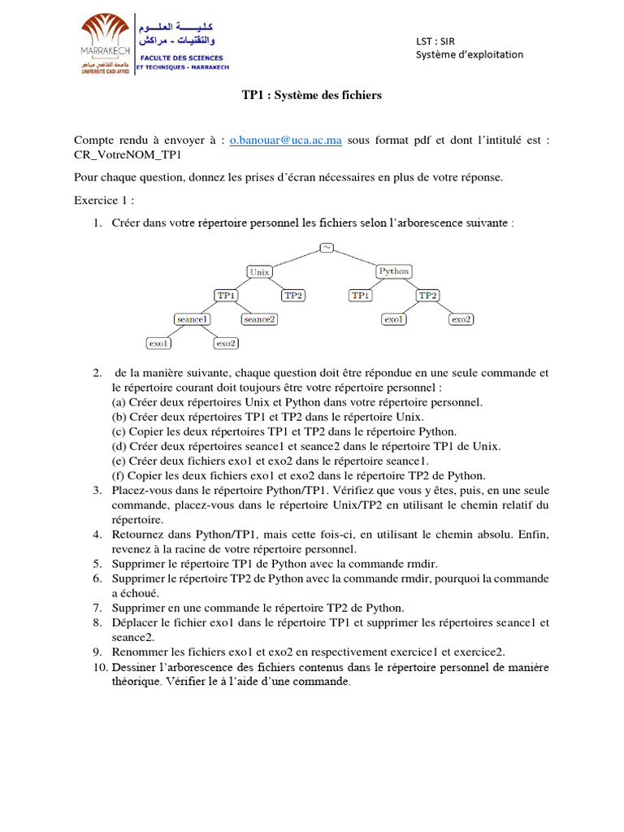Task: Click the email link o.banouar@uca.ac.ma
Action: [285, 141]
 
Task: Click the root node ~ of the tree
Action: [327, 248]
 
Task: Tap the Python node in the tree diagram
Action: [394, 271]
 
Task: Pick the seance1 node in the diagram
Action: [193, 319]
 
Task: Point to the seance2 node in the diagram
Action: [260, 319]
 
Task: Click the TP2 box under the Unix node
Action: [293, 296]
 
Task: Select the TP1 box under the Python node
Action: [360, 296]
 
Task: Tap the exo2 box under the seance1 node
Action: [226, 344]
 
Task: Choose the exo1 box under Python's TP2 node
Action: [394, 319]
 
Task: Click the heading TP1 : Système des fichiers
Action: [311, 96]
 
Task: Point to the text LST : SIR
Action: [435, 41]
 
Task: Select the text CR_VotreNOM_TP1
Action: [127, 154]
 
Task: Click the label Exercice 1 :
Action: [104, 200]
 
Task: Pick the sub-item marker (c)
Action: [119, 431]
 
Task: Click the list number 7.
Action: [97, 608]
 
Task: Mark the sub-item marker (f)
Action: [118, 475]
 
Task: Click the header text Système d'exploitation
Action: [470, 54]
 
